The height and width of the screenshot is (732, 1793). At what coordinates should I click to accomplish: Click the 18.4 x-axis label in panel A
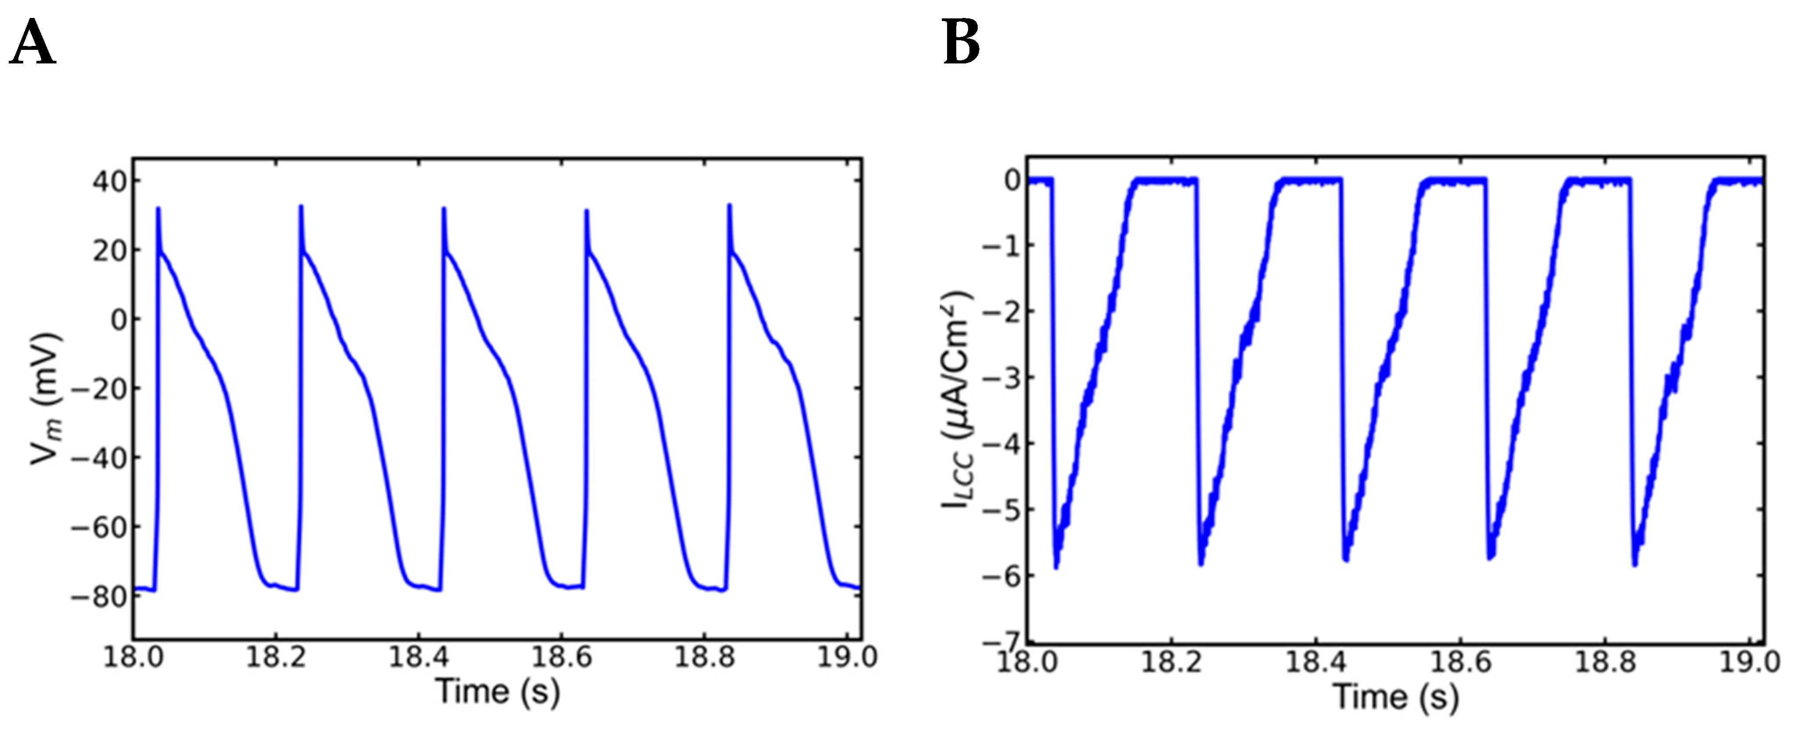tap(418, 657)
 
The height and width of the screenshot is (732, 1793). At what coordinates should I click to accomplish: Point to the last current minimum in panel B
tap(1634, 565)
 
